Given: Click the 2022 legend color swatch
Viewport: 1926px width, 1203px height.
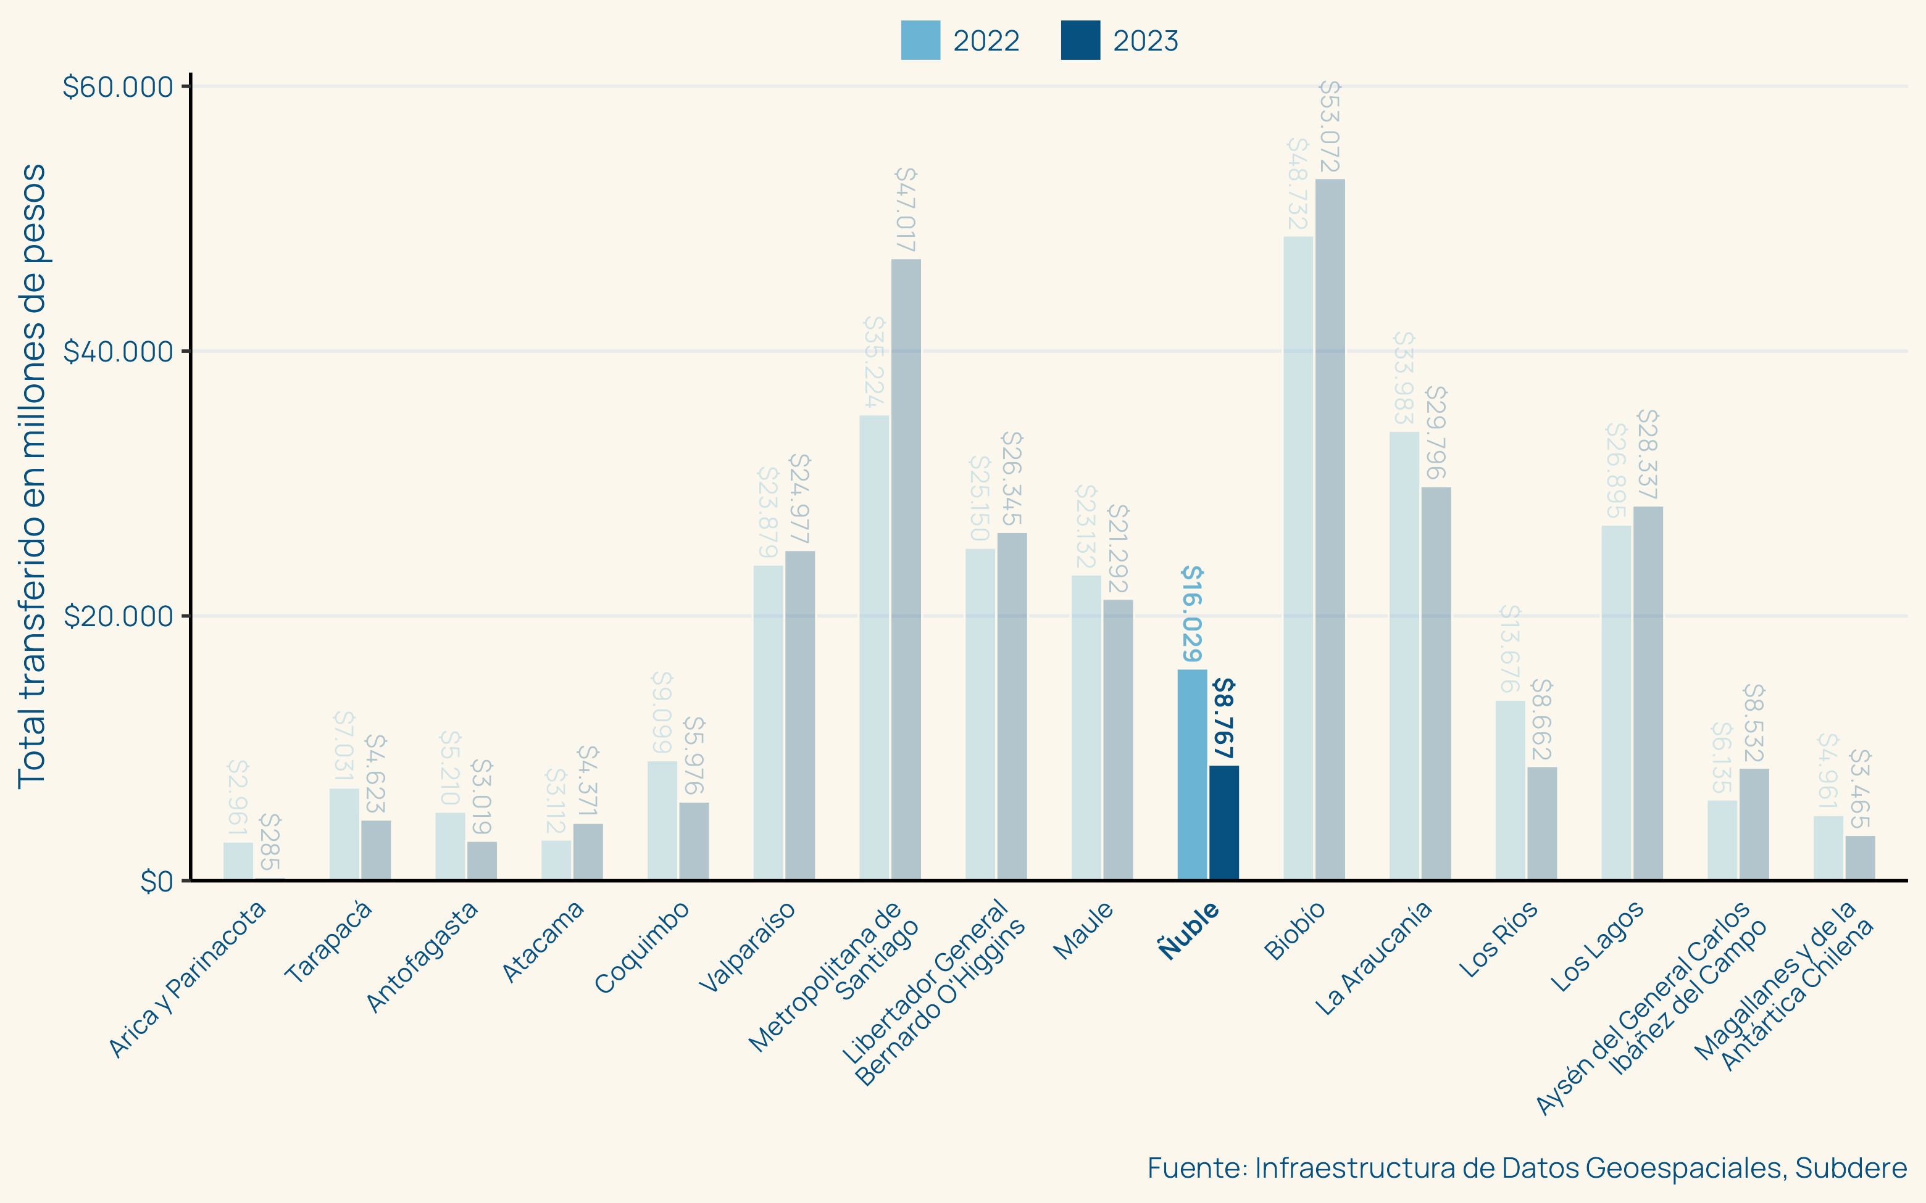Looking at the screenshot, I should click(x=920, y=41).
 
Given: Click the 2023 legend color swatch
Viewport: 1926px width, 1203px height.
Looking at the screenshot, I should click(x=1080, y=41).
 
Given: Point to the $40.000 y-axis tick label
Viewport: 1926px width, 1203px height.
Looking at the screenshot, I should click(x=118, y=351).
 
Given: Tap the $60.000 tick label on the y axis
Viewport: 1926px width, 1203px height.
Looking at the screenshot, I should click(x=118, y=87).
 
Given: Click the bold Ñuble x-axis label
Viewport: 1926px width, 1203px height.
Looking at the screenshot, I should click(x=1188, y=930).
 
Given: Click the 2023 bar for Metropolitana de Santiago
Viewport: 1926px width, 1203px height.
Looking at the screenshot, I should click(x=906, y=569).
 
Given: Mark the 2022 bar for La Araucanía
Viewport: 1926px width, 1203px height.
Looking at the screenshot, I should click(x=1404, y=656).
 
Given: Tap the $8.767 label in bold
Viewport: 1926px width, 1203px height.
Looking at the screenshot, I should click(x=1224, y=717).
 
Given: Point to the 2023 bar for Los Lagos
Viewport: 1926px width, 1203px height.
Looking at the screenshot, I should click(x=1648, y=692).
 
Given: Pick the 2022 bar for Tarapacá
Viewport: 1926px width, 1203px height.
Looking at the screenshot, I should click(x=344, y=834).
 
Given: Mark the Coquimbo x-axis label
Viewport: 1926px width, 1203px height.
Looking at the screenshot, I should click(x=642, y=947).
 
